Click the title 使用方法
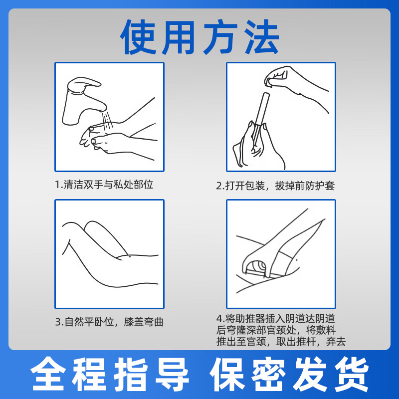[199, 37]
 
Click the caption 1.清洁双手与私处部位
[104, 185]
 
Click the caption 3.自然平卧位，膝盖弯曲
[109, 322]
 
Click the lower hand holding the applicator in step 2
[254, 147]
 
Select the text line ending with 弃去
[281, 342]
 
